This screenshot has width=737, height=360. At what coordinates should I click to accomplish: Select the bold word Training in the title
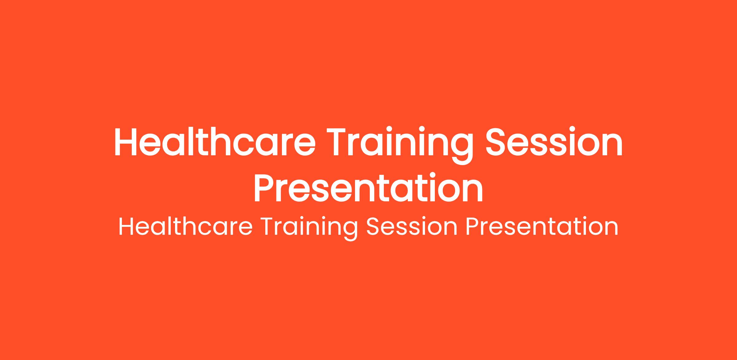pyautogui.click(x=400, y=146)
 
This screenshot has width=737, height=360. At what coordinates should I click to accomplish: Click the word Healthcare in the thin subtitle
pyautogui.click(x=185, y=227)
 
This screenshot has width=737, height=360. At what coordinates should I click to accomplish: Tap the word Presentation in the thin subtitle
pyautogui.click(x=542, y=227)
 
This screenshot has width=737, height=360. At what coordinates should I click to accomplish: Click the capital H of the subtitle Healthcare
pyautogui.click(x=126, y=227)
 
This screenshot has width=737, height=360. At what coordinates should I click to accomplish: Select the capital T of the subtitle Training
pyautogui.click(x=268, y=227)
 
